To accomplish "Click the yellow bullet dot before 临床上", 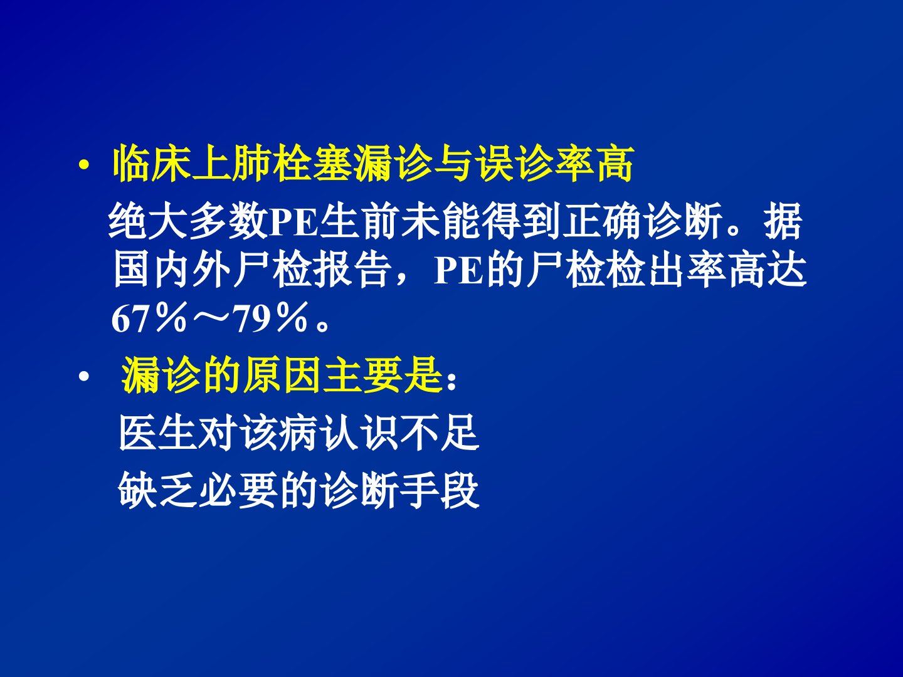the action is (x=84, y=165).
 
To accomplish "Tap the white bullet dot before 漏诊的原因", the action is (x=84, y=376).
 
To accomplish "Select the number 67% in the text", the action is (x=149, y=318).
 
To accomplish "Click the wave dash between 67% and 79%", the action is (x=210, y=318).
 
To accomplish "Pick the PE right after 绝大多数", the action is (x=293, y=222).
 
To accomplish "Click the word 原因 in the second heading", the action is (x=281, y=375).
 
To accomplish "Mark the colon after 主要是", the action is (x=451, y=382).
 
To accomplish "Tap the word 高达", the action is (x=768, y=270).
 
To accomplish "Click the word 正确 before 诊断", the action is (x=604, y=222).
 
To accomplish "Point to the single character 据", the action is (x=783, y=222).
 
